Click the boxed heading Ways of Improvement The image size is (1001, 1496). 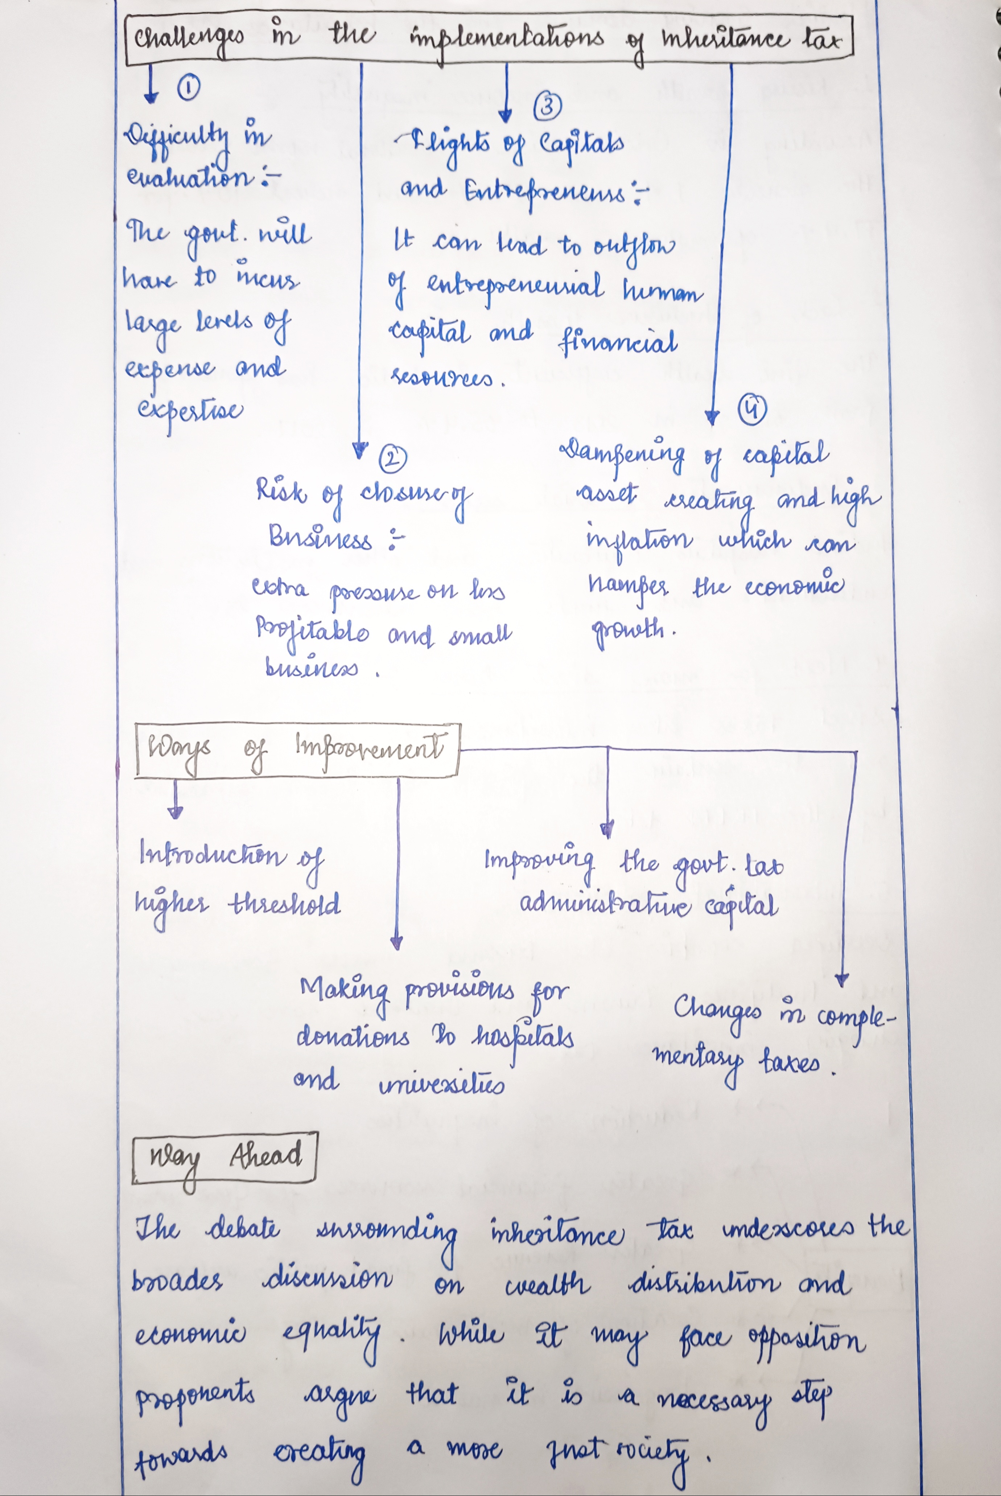[297, 749]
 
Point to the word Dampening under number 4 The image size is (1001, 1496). [622, 453]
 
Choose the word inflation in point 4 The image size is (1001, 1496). [638, 541]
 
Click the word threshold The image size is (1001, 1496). [285, 904]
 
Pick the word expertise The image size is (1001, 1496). [190, 412]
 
